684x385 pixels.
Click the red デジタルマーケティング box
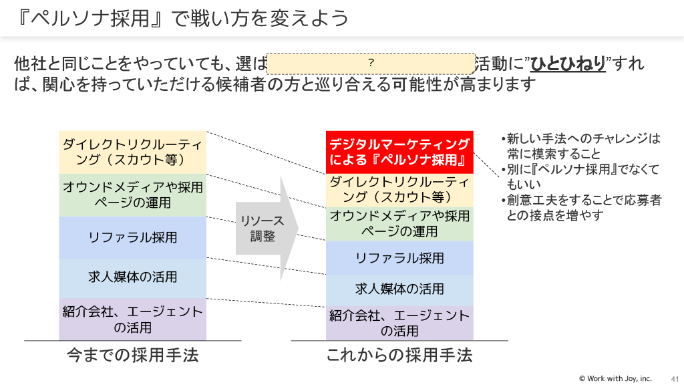tap(399, 152)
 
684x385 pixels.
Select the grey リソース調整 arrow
tap(265, 228)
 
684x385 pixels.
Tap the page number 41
tap(674, 378)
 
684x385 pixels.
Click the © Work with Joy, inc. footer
tap(615, 378)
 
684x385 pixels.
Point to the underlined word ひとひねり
tap(567, 64)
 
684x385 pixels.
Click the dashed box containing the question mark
tap(370, 63)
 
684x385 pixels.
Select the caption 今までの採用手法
tap(133, 354)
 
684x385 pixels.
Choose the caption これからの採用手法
tap(399, 354)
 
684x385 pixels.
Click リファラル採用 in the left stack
tap(132, 237)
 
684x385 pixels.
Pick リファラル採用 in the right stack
tap(399, 258)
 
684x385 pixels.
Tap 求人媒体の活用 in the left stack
tap(132, 277)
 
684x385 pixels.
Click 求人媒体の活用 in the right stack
tap(399, 289)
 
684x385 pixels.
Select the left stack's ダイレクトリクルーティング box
tap(132, 152)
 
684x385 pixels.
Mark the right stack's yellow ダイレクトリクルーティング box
tap(399, 189)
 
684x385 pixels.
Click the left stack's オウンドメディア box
tap(132, 195)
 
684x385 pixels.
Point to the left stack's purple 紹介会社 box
tap(132, 319)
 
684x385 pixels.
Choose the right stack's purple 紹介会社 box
tap(399, 324)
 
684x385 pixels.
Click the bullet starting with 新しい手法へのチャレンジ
tap(580, 146)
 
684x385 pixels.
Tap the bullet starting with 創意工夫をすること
tap(580, 207)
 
